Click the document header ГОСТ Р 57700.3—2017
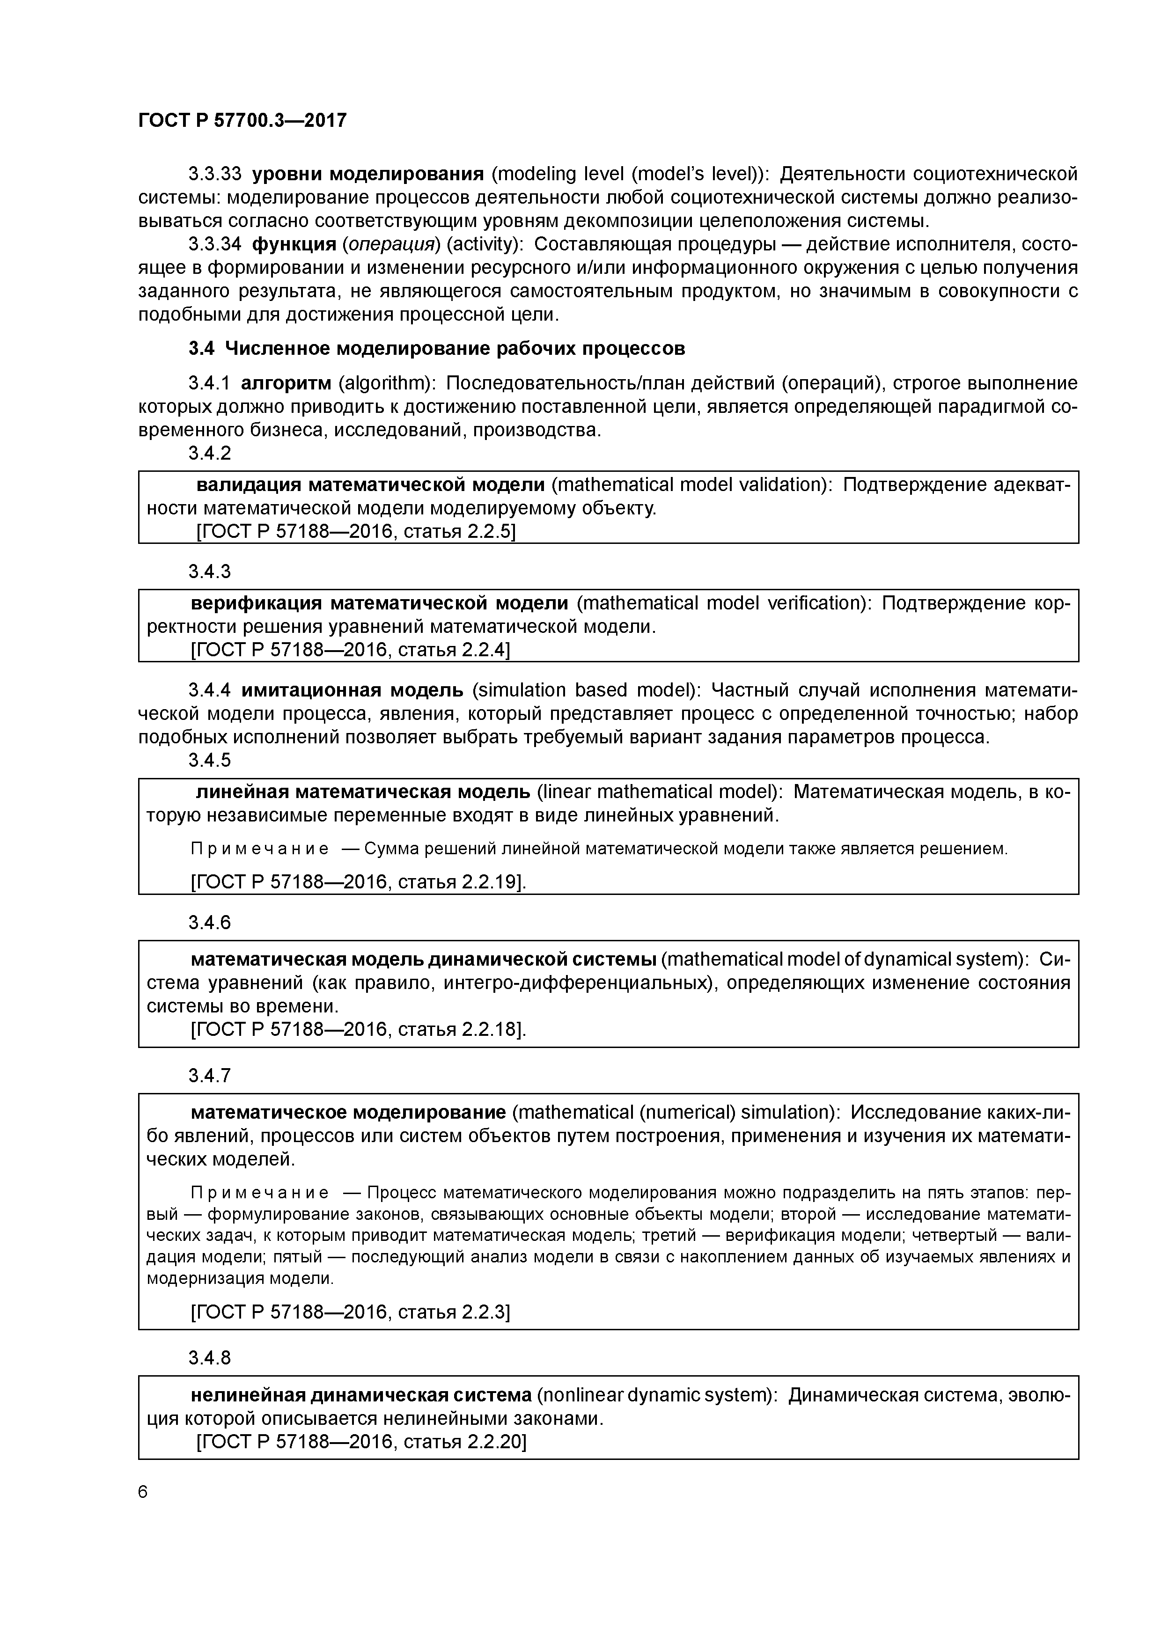(242, 120)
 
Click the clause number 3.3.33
(214, 174)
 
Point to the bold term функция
(294, 245)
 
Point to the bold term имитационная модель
(352, 690)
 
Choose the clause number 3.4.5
(210, 760)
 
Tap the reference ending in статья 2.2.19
(358, 882)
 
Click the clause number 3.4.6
(210, 923)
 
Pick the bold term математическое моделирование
(348, 1112)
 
